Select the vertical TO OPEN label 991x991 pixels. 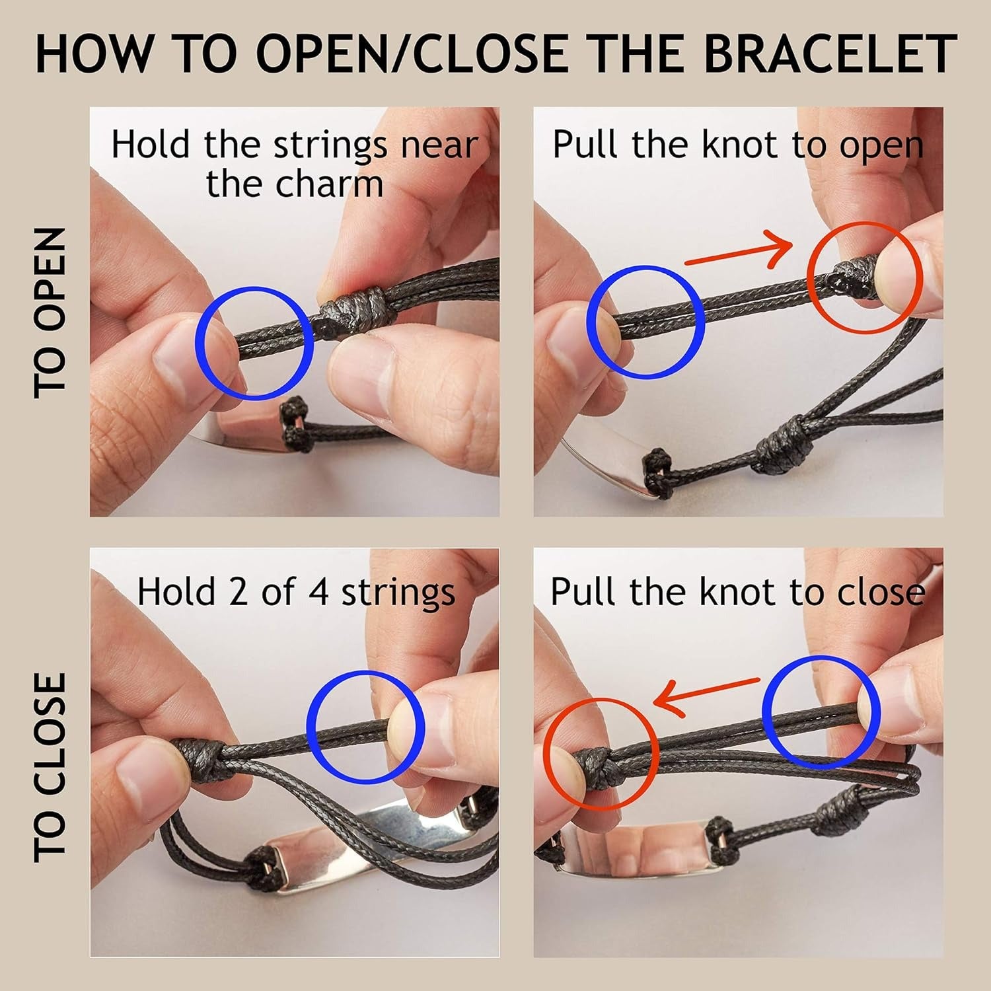50,312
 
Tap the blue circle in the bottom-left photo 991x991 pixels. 365,727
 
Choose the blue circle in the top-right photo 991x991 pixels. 645,322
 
